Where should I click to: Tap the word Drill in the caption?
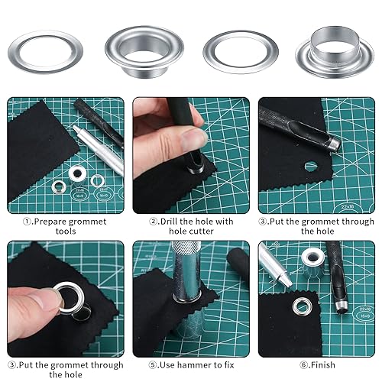coord(169,222)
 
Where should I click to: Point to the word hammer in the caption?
coord(196,365)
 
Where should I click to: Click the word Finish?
coord(322,365)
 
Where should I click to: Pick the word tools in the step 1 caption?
coord(66,231)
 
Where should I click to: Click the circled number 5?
coord(153,365)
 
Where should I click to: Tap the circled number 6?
coord(304,365)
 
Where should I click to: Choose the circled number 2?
coord(154,222)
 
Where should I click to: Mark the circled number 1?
coord(27,222)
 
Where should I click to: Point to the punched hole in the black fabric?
coord(311,167)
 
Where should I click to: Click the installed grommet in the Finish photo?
coord(302,306)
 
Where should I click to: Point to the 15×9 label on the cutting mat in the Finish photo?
coord(363,316)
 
